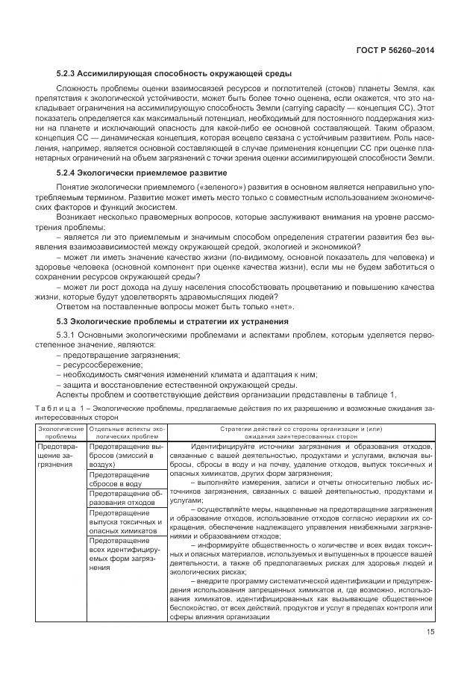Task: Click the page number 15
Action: point(430,634)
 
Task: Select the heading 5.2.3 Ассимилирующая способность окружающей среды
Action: point(174,73)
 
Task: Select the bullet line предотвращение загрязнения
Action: point(118,356)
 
